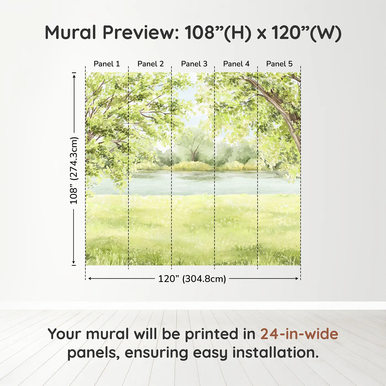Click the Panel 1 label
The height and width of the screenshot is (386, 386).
107,64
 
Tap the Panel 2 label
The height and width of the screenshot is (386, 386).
151,64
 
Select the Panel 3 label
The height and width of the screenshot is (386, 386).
194,64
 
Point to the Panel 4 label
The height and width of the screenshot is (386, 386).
236,64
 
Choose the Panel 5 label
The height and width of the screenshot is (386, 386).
279,64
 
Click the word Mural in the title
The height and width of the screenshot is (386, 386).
70,33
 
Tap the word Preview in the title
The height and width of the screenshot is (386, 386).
141,33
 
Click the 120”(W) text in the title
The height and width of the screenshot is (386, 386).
306,33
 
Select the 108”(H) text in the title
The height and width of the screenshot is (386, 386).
218,33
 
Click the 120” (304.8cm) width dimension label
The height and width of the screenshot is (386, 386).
192,279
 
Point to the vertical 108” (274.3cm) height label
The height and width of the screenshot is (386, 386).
74,170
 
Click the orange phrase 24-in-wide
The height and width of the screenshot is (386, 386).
299,334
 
